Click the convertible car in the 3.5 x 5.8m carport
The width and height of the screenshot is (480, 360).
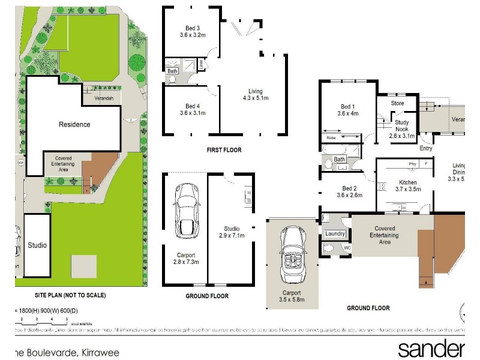tap(294, 256)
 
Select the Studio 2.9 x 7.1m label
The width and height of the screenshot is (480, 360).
tap(232, 232)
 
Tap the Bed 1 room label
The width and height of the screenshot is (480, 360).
tap(347, 110)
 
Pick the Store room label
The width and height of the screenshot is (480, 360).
tap(397, 103)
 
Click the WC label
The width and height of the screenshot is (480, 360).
tap(346, 248)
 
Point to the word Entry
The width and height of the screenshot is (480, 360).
tap(426, 148)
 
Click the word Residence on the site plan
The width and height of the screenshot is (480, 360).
tap(74, 125)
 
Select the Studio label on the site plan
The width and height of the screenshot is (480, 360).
tap(37, 245)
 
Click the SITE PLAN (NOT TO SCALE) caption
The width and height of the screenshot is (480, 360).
tap(70, 295)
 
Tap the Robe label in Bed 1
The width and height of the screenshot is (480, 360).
tap(331, 137)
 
